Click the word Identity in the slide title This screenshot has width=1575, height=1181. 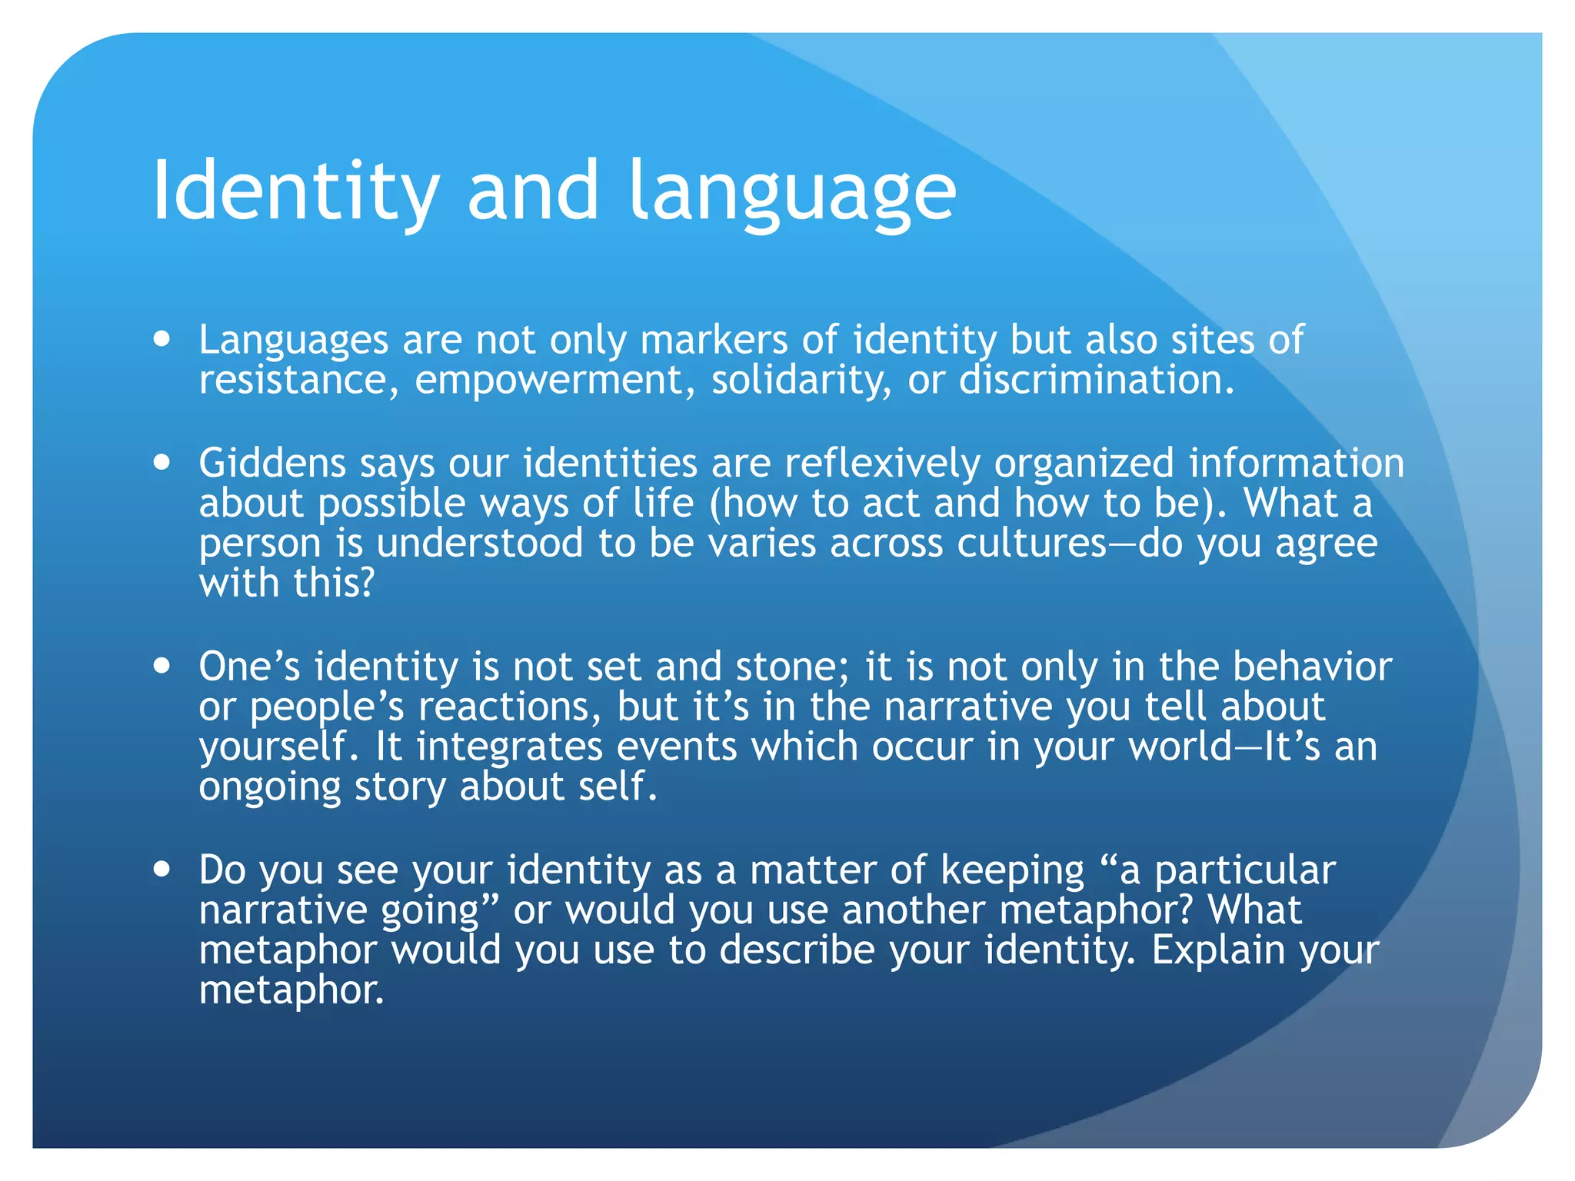point(296,191)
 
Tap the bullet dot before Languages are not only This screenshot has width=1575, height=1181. point(161,338)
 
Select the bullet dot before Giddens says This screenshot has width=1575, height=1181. point(161,463)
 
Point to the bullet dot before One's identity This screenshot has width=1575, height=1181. point(161,666)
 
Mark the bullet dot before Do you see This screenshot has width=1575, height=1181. point(161,870)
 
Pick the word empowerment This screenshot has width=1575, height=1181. point(549,381)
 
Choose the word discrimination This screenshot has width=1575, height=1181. point(1096,381)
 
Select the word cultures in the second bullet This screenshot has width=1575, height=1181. point(1031,544)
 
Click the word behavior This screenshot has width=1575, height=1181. point(1312,667)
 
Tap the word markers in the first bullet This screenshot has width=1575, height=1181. point(714,340)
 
